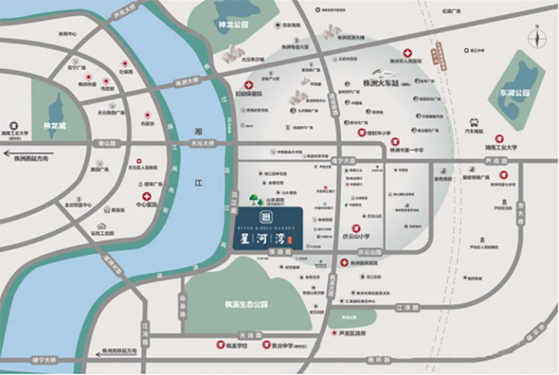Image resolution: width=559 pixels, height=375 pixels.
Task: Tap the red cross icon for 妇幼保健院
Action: [x=248, y=85]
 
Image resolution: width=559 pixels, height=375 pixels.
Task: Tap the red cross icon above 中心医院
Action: [x=147, y=197]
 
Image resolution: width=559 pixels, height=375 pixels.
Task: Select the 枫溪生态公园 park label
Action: [x=241, y=304]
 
